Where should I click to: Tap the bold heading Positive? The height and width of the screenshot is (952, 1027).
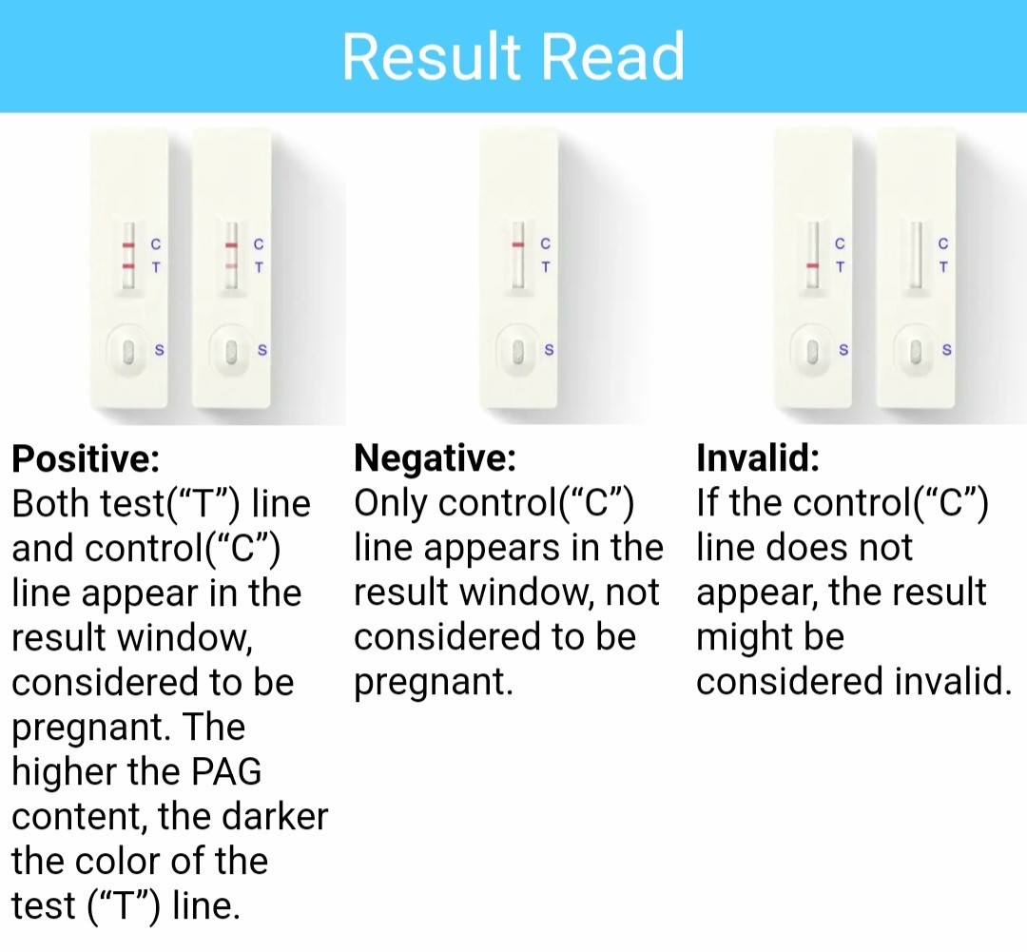pos(86,458)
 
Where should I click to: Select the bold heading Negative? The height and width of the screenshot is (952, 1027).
pos(435,457)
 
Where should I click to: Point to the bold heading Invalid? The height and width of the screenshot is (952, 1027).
pos(758,457)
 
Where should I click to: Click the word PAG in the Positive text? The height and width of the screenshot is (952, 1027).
pos(226,771)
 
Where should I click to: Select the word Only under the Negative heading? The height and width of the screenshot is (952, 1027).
pos(391,504)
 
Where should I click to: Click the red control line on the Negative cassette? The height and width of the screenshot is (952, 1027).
pos(518,244)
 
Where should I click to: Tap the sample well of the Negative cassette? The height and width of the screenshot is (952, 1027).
pos(517,351)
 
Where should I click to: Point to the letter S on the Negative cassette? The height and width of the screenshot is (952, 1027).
pos(549,351)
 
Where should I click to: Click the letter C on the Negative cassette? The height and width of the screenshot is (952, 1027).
pos(546,243)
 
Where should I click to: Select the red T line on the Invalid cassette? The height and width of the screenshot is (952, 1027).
pos(813,266)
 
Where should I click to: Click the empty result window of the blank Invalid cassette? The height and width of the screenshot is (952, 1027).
pos(916,255)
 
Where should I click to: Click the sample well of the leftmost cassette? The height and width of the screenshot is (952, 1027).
pos(128,351)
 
